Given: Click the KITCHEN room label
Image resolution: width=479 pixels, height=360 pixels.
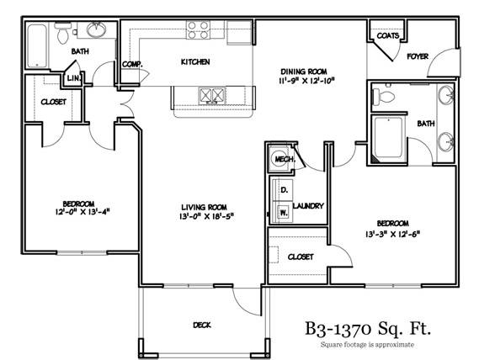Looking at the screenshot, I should pyautogui.click(x=195, y=62).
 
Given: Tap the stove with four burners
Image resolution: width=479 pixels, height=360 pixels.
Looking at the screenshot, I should pyautogui.click(x=199, y=30).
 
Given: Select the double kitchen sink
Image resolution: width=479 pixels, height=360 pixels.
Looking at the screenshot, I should pyautogui.click(x=211, y=95).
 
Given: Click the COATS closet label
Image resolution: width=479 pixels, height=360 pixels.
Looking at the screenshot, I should pyautogui.click(x=388, y=36).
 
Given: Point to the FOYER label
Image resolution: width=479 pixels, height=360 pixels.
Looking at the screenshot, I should pyautogui.click(x=418, y=58).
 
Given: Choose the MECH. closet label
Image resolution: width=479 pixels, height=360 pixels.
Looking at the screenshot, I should pyautogui.click(x=280, y=157).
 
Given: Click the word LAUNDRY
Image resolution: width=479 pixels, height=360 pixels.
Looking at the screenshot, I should pyautogui.click(x=310, y=206).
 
